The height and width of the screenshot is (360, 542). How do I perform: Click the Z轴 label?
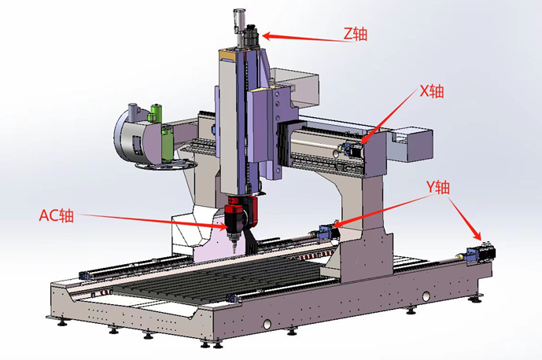(355, 34)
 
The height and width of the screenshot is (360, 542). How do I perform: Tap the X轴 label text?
(431, 91)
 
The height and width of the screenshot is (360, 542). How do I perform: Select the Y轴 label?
(437, 187)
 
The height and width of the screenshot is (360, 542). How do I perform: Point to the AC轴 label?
(57, 215)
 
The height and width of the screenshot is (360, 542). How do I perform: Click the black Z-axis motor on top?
(251, 35)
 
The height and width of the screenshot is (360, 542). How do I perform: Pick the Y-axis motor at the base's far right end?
(481, 254)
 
